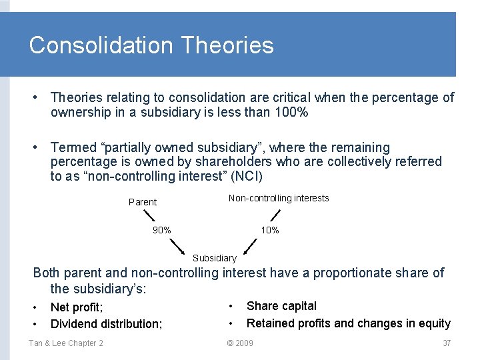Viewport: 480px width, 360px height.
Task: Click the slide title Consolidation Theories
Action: pyautogui.click(x=151, y=45)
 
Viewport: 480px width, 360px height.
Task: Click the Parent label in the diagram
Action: pyautogui.click(x=142, y=202)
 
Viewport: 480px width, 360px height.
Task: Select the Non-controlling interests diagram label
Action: pyautogui.click(x=279, y=198)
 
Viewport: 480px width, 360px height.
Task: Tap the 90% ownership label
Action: pyautogui.click(x=161, y=230)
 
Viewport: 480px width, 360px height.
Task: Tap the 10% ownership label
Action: pyautogui.click(x=270, y=230)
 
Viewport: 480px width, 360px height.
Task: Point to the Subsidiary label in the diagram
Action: pyautogui.click(x=214, y=258)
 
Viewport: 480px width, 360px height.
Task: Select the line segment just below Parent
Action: pyautogui.click(x=149, y=215)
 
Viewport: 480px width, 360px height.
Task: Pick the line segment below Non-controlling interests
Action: pyautogui.click(x=275, y=215)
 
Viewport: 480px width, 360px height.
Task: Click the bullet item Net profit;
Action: pyautogui.click(x=77, y=307)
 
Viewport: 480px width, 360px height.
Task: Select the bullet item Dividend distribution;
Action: pyautogui.click(x=106, y=324)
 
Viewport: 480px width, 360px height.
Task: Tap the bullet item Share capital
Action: pyautogui.click(x=281, y=306)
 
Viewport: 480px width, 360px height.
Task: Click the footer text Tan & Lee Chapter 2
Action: pyautogui.click(x=66, y=343)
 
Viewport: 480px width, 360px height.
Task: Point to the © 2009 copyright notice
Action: pyautogui.click(x=240, y=343)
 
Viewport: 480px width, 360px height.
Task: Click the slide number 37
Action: pyautogui.click(x=447, y=343)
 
